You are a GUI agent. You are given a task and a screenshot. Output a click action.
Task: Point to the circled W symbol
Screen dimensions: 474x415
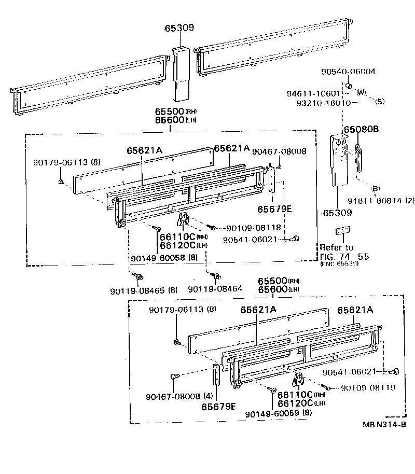click(361, 92)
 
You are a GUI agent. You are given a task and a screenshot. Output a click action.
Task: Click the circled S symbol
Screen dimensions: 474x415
click(380, 102)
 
